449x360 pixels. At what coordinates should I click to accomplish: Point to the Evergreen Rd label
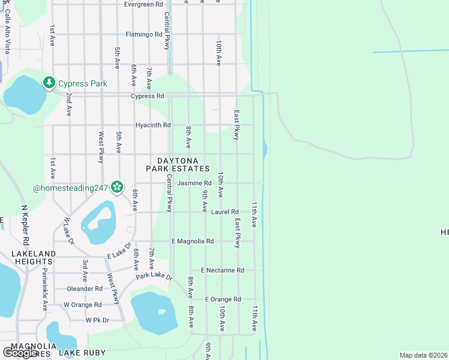pyautogui.click(x=143, y=4)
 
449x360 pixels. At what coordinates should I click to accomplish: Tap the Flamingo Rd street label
pyautogui.click(x=144, y=34)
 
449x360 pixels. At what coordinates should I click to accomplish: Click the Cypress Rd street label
pyautogui.click(x=147, y=96)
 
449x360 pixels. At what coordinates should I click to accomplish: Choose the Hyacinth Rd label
pyautogui.click(x=153, y=125)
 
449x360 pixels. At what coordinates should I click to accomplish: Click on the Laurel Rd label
pyautogui.click(x=225, y=212)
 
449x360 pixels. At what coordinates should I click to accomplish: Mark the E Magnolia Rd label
pyautogui.click(x=193, y=241)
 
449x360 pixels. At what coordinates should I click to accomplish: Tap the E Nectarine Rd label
pyautogui.click(x=223, y=271)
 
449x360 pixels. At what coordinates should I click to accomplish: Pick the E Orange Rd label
pyautogui.click(x=223, y=299)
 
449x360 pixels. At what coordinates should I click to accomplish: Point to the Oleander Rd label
pyautogui.click(x=85, y=289)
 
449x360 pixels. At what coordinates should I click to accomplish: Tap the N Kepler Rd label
pyautogui.click(x=25, y=225)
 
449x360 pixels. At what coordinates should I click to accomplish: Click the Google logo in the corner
pyautogui.click(x=20, y=353)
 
